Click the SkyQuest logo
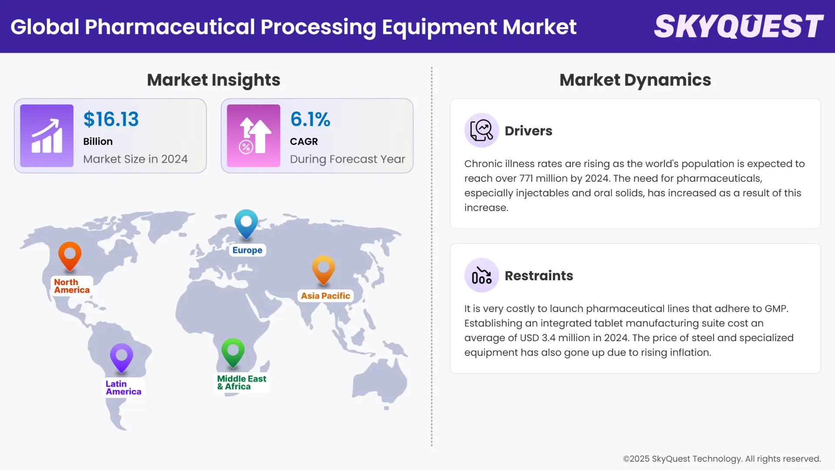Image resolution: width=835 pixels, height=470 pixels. tap(738, 27)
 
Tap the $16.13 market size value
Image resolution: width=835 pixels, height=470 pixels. tap(111, 119)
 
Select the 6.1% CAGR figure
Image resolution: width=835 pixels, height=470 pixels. tap(310, 119)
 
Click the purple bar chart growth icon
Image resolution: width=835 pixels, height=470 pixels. tap(47, 136)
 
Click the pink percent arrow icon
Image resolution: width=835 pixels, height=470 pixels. tap(254, 136)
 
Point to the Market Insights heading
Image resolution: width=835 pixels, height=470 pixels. tap(214, 80)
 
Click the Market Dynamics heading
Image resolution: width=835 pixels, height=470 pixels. tap(635, 80)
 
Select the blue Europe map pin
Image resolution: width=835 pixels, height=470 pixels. tap(246, 223)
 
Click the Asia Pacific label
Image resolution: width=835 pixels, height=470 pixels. tap(325, 296)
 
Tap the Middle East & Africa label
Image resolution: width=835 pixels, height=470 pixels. tap(242, 383)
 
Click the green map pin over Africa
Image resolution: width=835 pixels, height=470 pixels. tap(233, 351)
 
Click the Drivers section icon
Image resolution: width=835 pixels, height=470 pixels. tap(481, 130)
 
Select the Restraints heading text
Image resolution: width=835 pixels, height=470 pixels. tap(539, 275)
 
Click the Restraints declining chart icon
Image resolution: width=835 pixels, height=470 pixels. tap(481, 275)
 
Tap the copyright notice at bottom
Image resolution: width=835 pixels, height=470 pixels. tap(721, 459)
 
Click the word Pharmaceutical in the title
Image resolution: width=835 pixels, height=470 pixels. tap(170, 27)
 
